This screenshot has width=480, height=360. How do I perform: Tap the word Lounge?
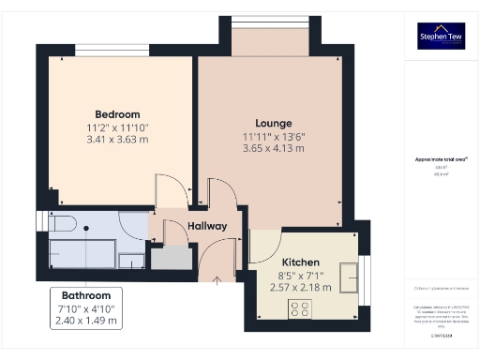pyautogui.click(x=274, y=123)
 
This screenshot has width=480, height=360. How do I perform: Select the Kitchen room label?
pyautogui.click(x=301, y=262)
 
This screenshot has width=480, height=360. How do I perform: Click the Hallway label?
pyautogui.click(x=207, y=226)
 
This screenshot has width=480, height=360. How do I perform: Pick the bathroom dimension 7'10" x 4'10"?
pyautogui.click(x=86, y=307)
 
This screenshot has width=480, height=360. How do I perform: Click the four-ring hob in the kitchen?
pyautogui.click(x=301, y=308)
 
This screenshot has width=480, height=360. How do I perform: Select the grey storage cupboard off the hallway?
pyautogui.click(x=170, y=257)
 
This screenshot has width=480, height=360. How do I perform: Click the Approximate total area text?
pyautogui.click(x=440, y=159)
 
